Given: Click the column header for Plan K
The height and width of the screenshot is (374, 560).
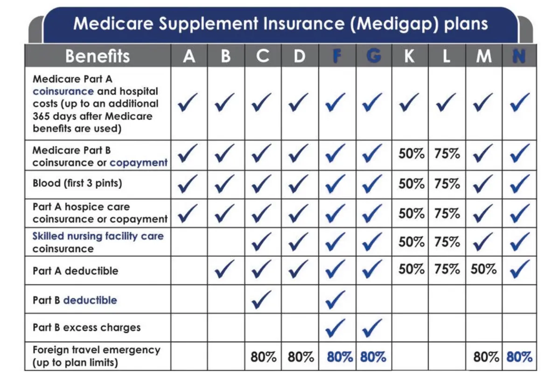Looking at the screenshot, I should coord(409,56).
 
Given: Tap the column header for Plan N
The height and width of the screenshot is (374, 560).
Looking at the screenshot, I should coord(519,56).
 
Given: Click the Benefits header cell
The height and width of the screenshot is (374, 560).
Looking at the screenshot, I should coord(98,56).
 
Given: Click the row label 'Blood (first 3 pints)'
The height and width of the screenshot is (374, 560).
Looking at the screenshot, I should coord(77,183).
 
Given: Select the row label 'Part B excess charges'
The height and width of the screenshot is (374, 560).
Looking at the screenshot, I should coord(86,327).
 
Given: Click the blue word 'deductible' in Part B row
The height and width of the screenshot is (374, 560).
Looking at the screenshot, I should coord(90,300).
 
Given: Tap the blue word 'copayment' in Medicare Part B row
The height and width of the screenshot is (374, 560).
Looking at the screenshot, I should coord(139,163).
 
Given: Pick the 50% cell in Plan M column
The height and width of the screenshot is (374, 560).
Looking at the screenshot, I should coord(483,269).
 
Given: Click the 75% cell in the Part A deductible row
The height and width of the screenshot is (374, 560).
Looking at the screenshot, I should coord(447,269).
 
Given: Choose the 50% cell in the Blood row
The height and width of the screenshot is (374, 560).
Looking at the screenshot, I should coord(411,184).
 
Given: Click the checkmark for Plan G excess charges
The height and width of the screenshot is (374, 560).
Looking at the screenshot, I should coord(372,327).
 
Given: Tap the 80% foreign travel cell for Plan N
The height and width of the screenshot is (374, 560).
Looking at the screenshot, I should coord(519,357).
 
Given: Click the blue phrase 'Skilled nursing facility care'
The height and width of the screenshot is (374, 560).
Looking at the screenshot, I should coord(98,236).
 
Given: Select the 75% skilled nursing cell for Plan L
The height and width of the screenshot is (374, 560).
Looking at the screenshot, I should coord(447,242).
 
